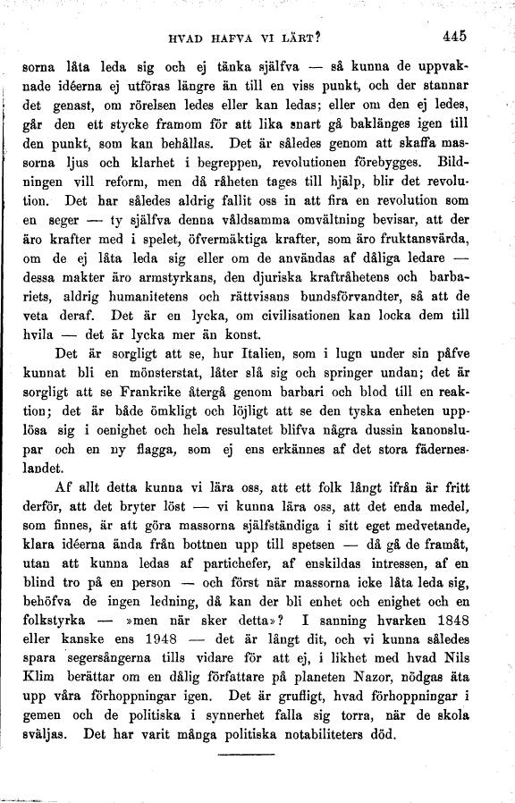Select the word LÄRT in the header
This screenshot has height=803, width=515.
301,38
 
